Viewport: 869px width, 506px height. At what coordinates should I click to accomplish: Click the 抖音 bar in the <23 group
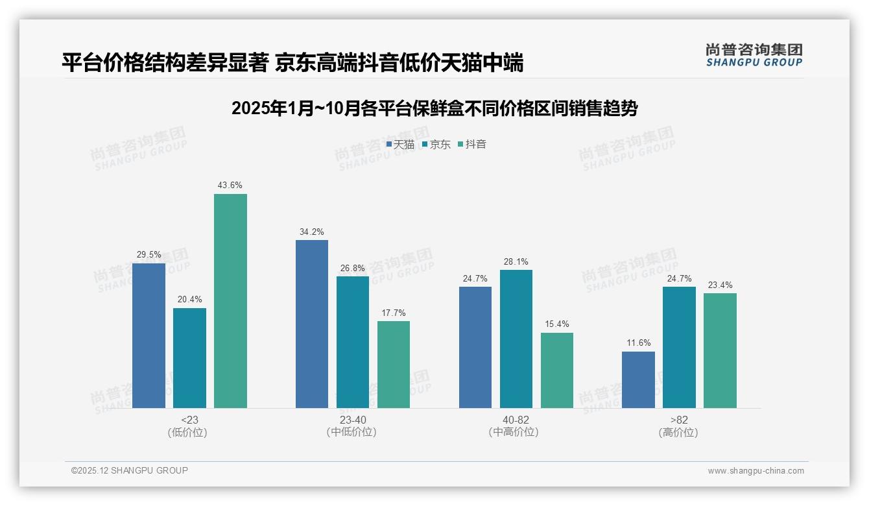(230, 301)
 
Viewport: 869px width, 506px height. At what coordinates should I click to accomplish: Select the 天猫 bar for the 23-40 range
(312, 324)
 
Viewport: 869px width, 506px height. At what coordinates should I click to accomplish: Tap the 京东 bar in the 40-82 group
(516, 339)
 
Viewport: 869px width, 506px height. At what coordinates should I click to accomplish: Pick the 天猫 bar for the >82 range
(638, 379)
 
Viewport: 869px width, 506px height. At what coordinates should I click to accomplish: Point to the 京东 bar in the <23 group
(189, 357)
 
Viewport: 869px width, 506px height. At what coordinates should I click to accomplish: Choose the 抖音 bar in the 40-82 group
(557, 370)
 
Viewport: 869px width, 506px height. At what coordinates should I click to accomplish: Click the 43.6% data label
(230, 186)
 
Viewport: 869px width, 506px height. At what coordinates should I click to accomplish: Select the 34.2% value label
(312, 232)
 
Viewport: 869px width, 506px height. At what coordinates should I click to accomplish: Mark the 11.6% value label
(638, 343)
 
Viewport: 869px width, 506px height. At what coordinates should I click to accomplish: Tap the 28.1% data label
(516, 261)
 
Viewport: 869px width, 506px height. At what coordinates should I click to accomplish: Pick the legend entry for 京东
(436, 145)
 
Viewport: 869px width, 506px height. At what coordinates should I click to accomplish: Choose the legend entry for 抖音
(472, 145)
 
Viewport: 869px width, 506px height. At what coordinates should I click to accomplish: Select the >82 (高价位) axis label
(679, 426)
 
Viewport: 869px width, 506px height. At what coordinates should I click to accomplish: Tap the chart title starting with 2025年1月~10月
(434, 108)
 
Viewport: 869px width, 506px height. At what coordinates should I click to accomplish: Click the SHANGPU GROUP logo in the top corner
(754, 54)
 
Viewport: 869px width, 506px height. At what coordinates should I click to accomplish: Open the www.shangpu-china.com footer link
(756, 471)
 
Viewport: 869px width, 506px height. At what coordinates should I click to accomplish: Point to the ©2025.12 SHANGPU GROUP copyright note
(130, 470)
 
